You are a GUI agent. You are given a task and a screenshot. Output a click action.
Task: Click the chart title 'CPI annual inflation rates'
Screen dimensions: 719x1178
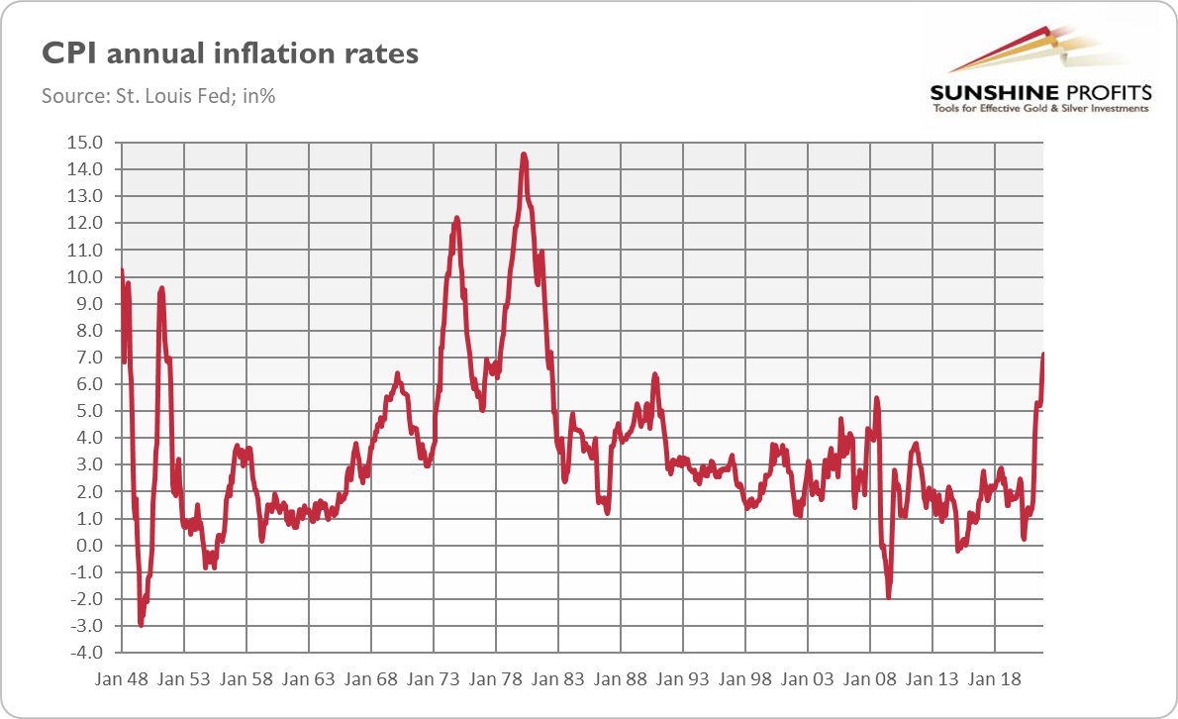(230, 53)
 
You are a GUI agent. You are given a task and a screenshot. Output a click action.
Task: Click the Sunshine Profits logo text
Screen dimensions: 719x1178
(1040, 93)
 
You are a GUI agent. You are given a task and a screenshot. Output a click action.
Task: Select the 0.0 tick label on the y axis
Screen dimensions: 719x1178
(87, 546)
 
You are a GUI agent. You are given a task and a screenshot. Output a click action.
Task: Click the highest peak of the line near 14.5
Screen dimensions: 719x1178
(524, 154)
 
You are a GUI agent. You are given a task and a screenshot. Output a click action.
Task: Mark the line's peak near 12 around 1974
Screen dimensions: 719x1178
(456, 218)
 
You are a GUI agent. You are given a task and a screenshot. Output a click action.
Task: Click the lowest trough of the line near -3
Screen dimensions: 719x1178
(141, 625)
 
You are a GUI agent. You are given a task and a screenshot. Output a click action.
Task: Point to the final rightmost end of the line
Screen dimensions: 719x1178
(1043, 355)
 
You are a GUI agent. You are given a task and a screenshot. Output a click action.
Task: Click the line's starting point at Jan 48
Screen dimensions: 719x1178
(121, 270)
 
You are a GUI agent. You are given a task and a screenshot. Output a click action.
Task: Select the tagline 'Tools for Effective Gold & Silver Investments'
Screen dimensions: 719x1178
(1040, 108)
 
